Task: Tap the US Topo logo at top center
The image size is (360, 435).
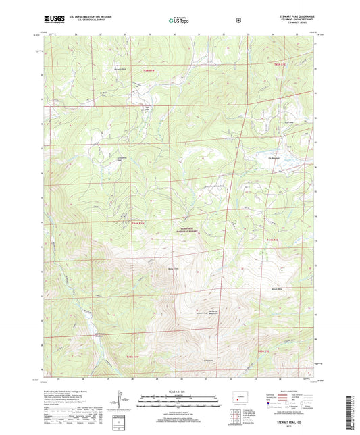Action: (x=179, y=21)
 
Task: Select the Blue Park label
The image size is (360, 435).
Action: (x=269, y=123)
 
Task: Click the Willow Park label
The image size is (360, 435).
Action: (x=218, y=186)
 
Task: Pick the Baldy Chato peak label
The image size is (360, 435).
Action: (x=173, y=269)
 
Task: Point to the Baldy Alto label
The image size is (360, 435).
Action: (x=209, y=360)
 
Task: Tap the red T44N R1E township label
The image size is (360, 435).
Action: (x=272, y=240)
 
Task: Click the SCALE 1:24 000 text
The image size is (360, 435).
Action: (x=179, y=391)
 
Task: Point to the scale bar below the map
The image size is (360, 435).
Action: (x=179, y=398)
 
